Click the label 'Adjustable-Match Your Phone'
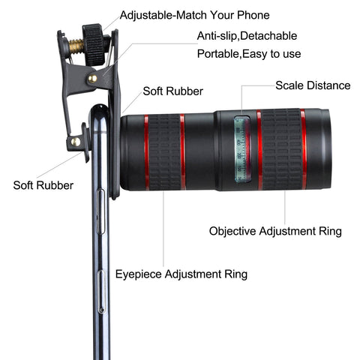coord(194,15)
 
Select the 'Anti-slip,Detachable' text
coord(247,36)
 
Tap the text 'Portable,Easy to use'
coord(249,54)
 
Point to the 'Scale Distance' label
coord(313,85)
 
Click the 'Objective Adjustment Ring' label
coord(275,231)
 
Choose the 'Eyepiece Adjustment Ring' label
coord(181,274)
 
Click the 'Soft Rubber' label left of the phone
coord(43,185)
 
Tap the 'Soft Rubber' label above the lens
coord(172,91)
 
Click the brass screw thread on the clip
coord(76,46)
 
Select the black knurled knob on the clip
coord(94,44)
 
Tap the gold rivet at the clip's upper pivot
coord(92,79)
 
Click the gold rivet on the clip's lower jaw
coord(76,142)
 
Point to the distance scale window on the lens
coord(242,148)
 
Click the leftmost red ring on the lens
coord(146,152)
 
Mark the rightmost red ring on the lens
coord(304,149)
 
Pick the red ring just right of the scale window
coord(259,149)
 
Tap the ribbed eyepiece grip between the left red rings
coord(164,152)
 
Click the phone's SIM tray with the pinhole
coord(101,292)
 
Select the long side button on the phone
coord(100,211)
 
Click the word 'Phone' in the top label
coord(253,15)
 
